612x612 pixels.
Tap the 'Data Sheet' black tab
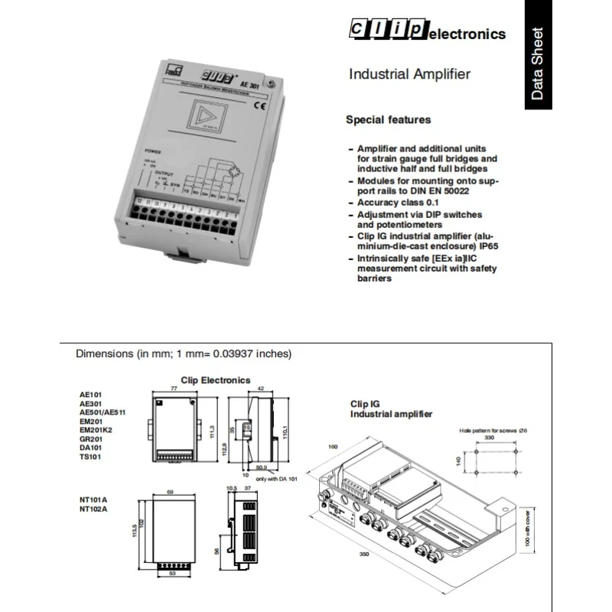click(539, 64)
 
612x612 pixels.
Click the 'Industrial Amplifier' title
click(409, 74)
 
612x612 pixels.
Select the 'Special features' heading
click(388, 119)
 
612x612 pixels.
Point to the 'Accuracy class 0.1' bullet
click(400, 203)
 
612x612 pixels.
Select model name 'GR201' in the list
click(90, 440)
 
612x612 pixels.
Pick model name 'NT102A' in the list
click(94, 509)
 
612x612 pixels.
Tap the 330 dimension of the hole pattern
click(489, 438)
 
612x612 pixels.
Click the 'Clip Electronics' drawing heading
click(215, 380)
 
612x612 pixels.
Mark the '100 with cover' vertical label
click(527, 530)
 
